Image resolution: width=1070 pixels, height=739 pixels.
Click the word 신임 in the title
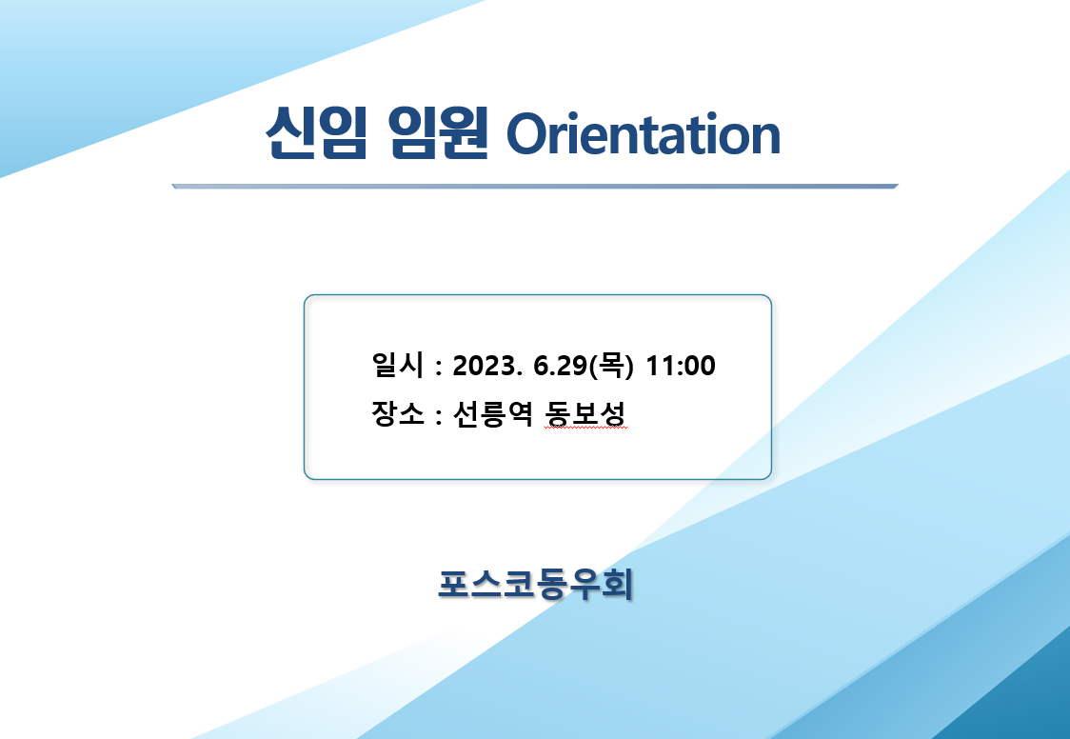click(x=317, y=133)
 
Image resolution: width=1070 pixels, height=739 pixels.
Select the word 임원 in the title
click(x=438, y=133)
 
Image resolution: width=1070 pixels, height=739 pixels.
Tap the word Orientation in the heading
click(x=643, y=134)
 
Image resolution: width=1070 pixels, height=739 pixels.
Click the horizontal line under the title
click(x=535, y=187)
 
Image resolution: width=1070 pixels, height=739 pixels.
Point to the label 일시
click(x=398, y=365)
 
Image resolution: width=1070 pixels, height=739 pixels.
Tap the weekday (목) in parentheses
click(x=611, y=365)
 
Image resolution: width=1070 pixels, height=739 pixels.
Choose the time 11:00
click(x=681, y=366)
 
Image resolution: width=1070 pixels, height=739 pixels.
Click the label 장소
click(x=398, y=413)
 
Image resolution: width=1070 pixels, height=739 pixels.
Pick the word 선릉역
click(x=493, y=413)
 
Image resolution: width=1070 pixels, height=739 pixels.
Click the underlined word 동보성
click(x=585, y=413)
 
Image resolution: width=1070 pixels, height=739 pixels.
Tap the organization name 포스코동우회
click(x=536, y=585)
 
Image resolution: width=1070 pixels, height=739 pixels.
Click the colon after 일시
click(x=438, y=367)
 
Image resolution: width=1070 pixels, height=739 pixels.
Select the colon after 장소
click(x=438, y=415)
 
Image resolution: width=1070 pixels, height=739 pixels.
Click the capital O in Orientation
click(x=525, y=135)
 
